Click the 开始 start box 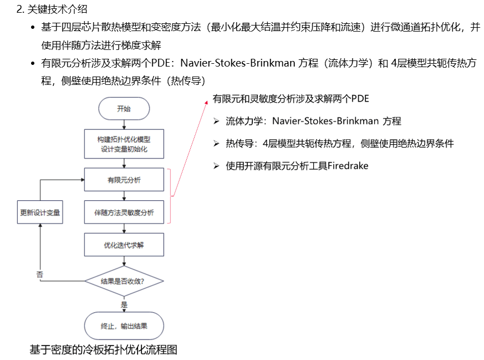coord(124,109)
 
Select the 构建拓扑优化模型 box coord(124,143)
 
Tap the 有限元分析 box coord(124,180)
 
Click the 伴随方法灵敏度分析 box coord(124,212)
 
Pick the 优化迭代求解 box coord(124,245)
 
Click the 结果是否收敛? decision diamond coord(124,281)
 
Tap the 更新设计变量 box coord(40,212)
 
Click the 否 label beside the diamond coord(39,274)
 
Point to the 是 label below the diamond coord(124,304)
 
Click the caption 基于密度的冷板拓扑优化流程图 coord(103,349)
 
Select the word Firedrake coord(348,166)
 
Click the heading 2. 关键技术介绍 coord(52,9)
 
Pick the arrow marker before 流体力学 coord(216,121)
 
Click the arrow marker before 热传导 coord(216,144)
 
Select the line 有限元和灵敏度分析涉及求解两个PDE coord(291,99)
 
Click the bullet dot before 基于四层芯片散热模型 coord(34,28)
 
